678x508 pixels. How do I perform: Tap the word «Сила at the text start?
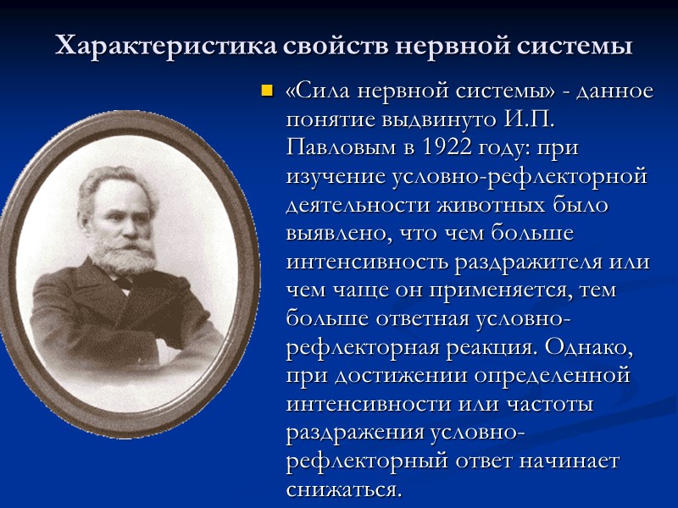tap(323, 90)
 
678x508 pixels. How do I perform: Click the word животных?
tap(481, 205)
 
